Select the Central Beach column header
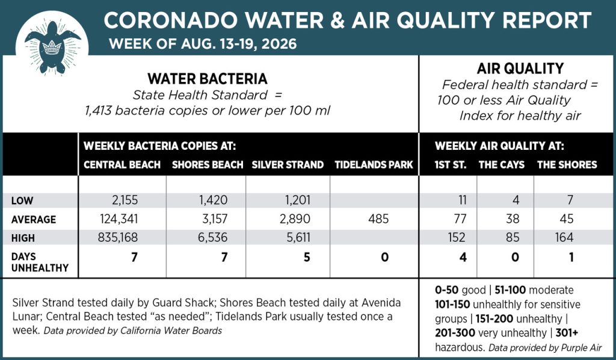click(122, 165)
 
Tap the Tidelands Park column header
click(374, 165)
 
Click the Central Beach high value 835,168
click(118, 237)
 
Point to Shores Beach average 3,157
click(215, 219)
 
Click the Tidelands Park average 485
click(379, 219)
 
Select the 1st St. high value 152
click(456, 237)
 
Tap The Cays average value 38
click(513, 219)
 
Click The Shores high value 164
click(564, 237)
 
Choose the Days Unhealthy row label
click(40, 262)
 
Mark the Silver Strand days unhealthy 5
click(307, 257)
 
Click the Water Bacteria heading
click(208, 79)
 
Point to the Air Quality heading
click(520, 69)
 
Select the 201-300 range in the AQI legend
click(455, 333)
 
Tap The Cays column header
click(502, 165)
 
